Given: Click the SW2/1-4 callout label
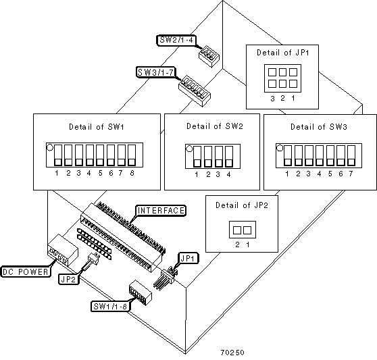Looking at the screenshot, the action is [x=176, y=40].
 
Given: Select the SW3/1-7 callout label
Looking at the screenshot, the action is [x=156, y=72].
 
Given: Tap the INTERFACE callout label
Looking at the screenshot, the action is [x=161, y=211].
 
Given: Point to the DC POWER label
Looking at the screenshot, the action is [x=26, y=272].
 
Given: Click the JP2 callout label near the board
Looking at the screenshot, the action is [x=69, y=279].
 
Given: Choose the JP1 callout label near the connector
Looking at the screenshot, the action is [x=188, y=258].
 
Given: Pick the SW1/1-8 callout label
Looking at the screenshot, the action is [x=110, y=307].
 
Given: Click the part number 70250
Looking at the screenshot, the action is [x=232, y=353].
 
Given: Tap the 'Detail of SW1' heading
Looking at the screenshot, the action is [x=97, y=127].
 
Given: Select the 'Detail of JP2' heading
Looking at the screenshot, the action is [x=242, y=205].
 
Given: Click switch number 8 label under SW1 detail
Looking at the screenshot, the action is [x=132, y=173].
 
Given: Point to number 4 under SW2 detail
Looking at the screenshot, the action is [x=228, y=174].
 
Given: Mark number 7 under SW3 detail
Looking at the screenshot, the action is [x=351, y=174].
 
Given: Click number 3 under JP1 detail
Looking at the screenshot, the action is [x=272, y=99].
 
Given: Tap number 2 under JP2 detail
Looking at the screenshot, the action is [x=237, y=245].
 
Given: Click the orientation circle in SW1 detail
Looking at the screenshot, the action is [x=50, y=147].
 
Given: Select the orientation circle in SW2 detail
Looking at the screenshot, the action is [x=189, y=149].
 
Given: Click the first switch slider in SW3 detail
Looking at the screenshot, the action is [x=288, y=155].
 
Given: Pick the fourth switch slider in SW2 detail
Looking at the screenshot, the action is [x=229, y=157].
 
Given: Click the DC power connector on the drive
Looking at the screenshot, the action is [x=63, y=250].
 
